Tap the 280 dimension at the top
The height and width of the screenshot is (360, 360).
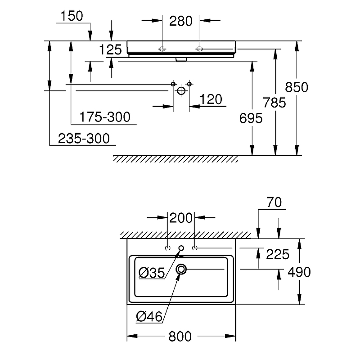[x=181, y=21]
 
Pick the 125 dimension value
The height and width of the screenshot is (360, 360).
[x=111, y=50]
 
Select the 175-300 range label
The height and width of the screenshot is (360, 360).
[x=105, y=117]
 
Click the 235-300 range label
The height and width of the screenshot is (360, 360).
[x=84, y=139]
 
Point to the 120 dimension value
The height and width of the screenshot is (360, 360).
[x=211, y=99]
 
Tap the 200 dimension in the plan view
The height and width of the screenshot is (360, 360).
[x=181, y=218]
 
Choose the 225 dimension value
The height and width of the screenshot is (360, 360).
[x=277, y=255]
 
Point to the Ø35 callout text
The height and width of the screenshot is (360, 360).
[x=152, y=272]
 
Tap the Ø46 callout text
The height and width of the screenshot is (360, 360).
[x=149, y=316]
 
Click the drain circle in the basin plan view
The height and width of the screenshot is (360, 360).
[x=181, y=269]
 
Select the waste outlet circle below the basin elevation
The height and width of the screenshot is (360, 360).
[x=181, y=90]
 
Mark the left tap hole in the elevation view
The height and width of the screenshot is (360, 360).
[x=162, y=48]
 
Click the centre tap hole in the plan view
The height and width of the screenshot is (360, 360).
[x=181, y=248]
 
